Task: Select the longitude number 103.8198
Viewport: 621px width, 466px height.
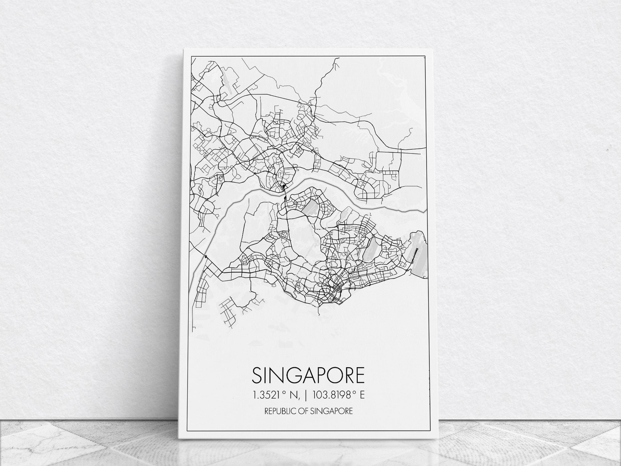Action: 334,395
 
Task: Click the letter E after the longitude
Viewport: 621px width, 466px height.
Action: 362,395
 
